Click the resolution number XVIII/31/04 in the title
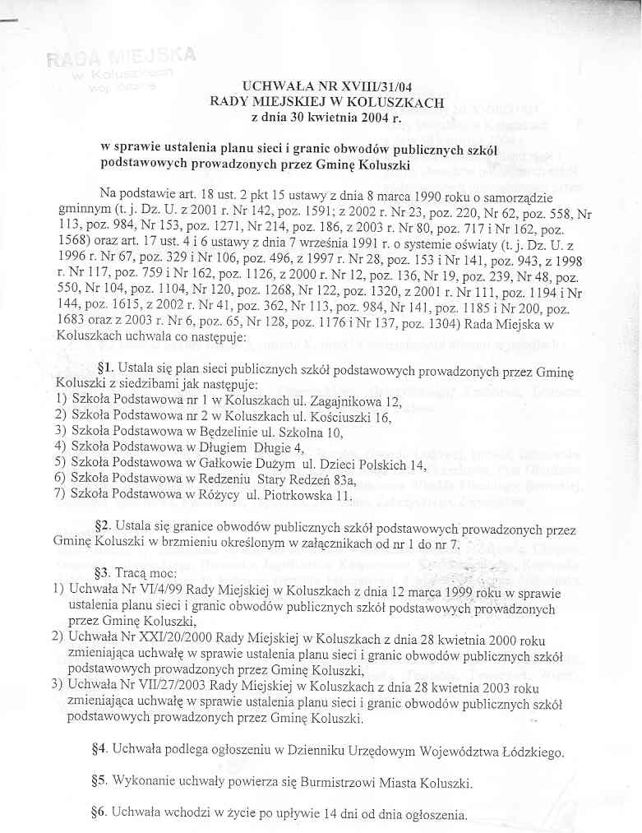click(401, 87)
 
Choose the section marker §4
click(101, 751)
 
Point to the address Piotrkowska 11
click(311, 496)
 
